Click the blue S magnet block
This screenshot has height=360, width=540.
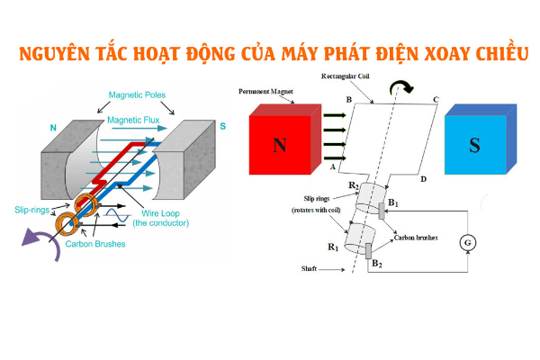[x=473, y=144]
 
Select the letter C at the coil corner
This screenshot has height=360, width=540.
[x=436, y=100]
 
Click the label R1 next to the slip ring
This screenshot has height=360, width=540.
[x=333, y=246]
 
